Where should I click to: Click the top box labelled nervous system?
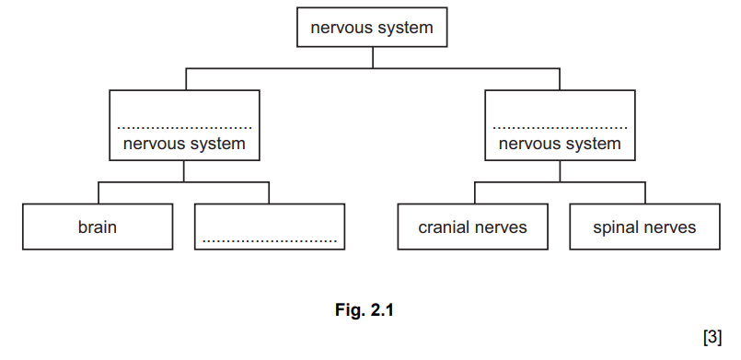[371, 28]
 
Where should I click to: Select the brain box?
[97, 226]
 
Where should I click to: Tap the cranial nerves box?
[472, 226]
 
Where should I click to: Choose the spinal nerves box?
[644, 226]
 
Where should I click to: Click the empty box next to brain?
[270, 226]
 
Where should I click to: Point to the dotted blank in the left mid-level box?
[184, 127]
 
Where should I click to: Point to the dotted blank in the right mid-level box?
[560, 127]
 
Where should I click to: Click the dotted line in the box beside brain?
[270, 241]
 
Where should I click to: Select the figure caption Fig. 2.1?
[363, 310]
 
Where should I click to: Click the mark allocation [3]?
[712, 336]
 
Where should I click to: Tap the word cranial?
[446, 226]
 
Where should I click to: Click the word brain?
[97, 226]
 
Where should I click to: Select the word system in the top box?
[406, 28]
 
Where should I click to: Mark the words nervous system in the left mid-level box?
[184, 144]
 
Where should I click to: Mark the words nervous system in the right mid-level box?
[560, 144]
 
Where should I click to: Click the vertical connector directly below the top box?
[372, 57]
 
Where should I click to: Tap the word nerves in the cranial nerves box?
[502, 226]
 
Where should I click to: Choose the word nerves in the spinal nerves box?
[671, 226]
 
